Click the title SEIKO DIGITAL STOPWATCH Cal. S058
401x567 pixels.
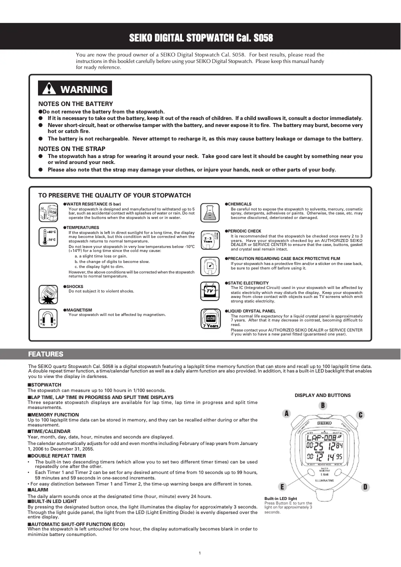click(x=200, y=38)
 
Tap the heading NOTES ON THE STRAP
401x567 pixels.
click(x=71, y=148)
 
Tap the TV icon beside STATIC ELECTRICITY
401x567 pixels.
click(x=210, y=290)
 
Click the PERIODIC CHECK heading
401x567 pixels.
click(x=244, y=231)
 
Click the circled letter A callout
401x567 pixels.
click(x=286, y=413)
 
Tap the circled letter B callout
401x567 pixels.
click(x=323, y=405)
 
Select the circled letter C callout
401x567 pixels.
click(x=360, y=414)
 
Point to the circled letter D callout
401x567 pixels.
click(x=365, y=486)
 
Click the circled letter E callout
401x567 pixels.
click(x=282, y=486)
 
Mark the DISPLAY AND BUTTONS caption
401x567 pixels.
click(x=322, y=395)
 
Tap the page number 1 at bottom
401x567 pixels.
click(x=199, y=552)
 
